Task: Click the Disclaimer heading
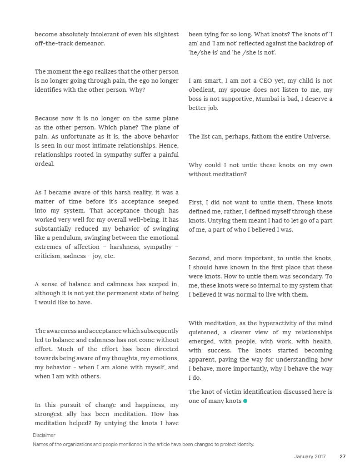pyautogui.click(x=44, y=436)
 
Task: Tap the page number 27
pyautogui.click(x=343, y=457)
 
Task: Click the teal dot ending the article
pyautogui.click(x=245, y=401)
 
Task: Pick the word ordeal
pyautogui.click(x=45, y=164)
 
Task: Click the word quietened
pyautogui.click(x=203, y=332)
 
